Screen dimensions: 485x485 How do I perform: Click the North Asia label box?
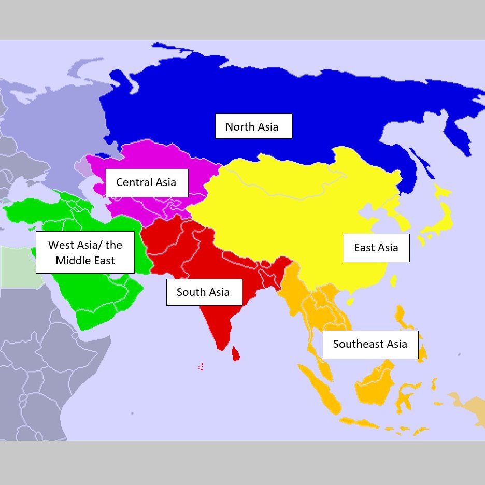[x=253, y=126]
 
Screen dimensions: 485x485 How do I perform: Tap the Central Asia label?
[x=147, y=182]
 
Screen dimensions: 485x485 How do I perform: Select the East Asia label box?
[x=376, y=248]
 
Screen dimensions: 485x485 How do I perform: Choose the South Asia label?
[x=204, y=292]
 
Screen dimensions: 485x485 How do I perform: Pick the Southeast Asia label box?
[x=370, y=344]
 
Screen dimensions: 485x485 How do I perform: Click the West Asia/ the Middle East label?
[x=85, y=252]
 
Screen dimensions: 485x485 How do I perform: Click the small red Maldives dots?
[x=201, y=366]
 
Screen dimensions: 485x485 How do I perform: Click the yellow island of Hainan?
[x=350, y=301]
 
